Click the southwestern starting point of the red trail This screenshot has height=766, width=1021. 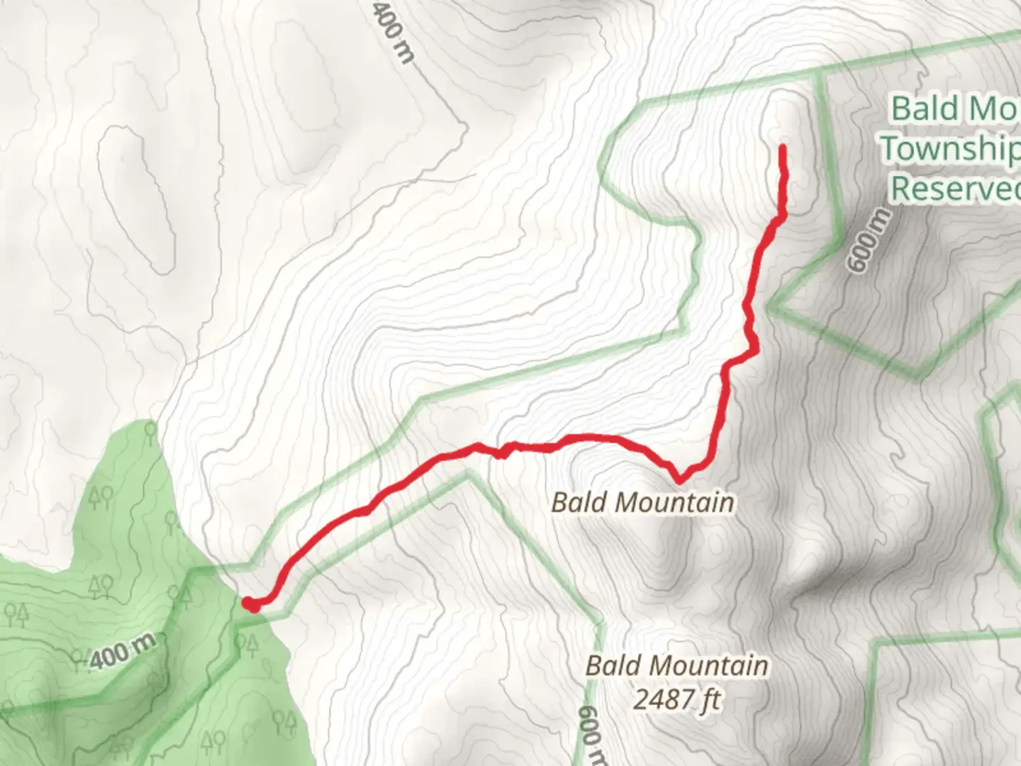[250, 604]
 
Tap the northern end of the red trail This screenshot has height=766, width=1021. [783, 148]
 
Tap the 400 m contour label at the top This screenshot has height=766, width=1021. [391, 33]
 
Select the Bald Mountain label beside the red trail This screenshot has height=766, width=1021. [642, 502]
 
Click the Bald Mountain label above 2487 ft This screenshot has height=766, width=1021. [676, 666]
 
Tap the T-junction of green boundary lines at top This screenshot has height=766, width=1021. [822, 73]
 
